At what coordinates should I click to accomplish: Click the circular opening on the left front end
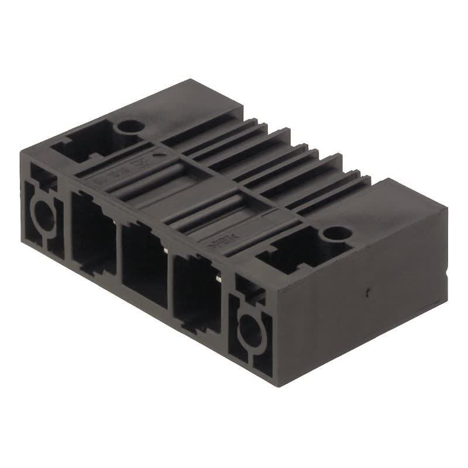42,215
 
